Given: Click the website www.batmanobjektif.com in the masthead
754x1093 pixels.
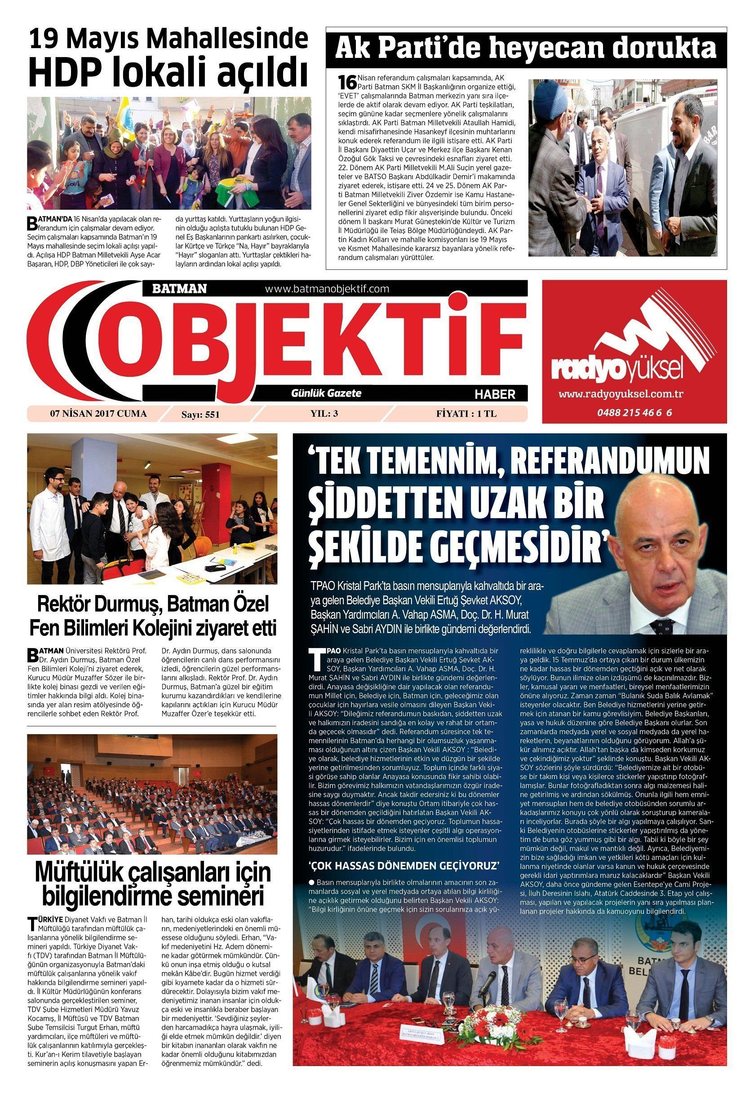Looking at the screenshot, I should click(327, 288).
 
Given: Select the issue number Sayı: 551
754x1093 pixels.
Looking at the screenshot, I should click(201, 415).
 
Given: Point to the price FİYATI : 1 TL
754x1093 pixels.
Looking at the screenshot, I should click(466, 414).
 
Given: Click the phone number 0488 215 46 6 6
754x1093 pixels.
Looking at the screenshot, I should click(634, 412).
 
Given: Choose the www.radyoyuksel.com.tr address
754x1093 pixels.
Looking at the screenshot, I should click(622, 394).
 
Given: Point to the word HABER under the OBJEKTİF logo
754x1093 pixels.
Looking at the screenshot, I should click(494, 394).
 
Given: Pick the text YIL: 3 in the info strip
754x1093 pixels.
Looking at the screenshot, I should click(324, 414).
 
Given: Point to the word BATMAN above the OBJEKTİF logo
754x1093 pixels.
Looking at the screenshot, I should click(180, 288).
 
